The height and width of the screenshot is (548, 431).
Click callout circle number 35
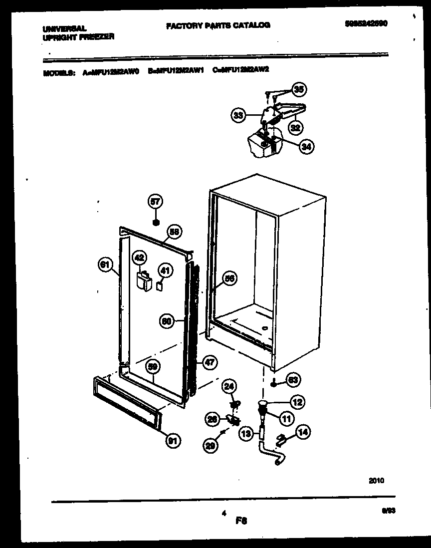click(298, 90)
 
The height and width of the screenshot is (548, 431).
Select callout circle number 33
click(238, 116)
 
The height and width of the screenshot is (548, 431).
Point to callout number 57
click(156, 202)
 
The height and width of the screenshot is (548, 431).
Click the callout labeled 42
click(139, 258)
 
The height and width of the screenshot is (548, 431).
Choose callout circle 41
click(165, 271)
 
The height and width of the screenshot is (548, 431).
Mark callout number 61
click(104, 266)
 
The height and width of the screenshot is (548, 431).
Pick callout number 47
click(209, 363)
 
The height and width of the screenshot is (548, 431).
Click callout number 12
click(298, 401)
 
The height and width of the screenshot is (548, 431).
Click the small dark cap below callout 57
click(156, 221)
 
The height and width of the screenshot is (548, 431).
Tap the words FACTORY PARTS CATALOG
click(218, 25)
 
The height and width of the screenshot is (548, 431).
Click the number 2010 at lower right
click(376, 481)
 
